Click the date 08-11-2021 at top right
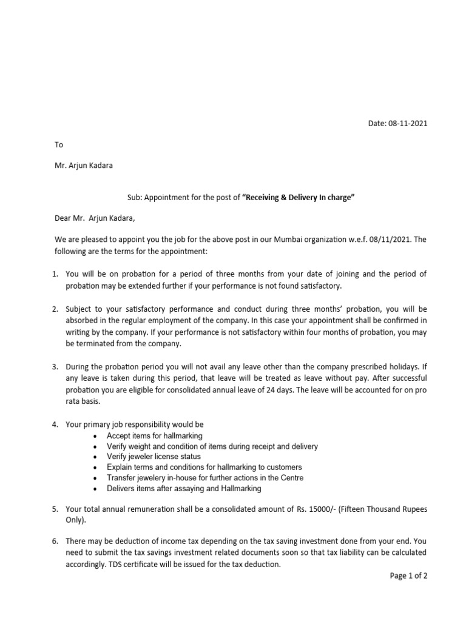(407, 124)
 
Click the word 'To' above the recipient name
(59, 145)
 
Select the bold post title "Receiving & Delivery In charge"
(298, 198)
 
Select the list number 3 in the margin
(56, 367)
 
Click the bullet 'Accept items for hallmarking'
(154, 436)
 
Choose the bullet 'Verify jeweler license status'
(154, 457)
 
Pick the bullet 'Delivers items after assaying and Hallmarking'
(184, 488)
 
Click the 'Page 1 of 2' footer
(408, 576)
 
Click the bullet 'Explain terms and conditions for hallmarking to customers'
(204, 468)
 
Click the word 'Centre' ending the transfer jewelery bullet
(291, 478)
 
